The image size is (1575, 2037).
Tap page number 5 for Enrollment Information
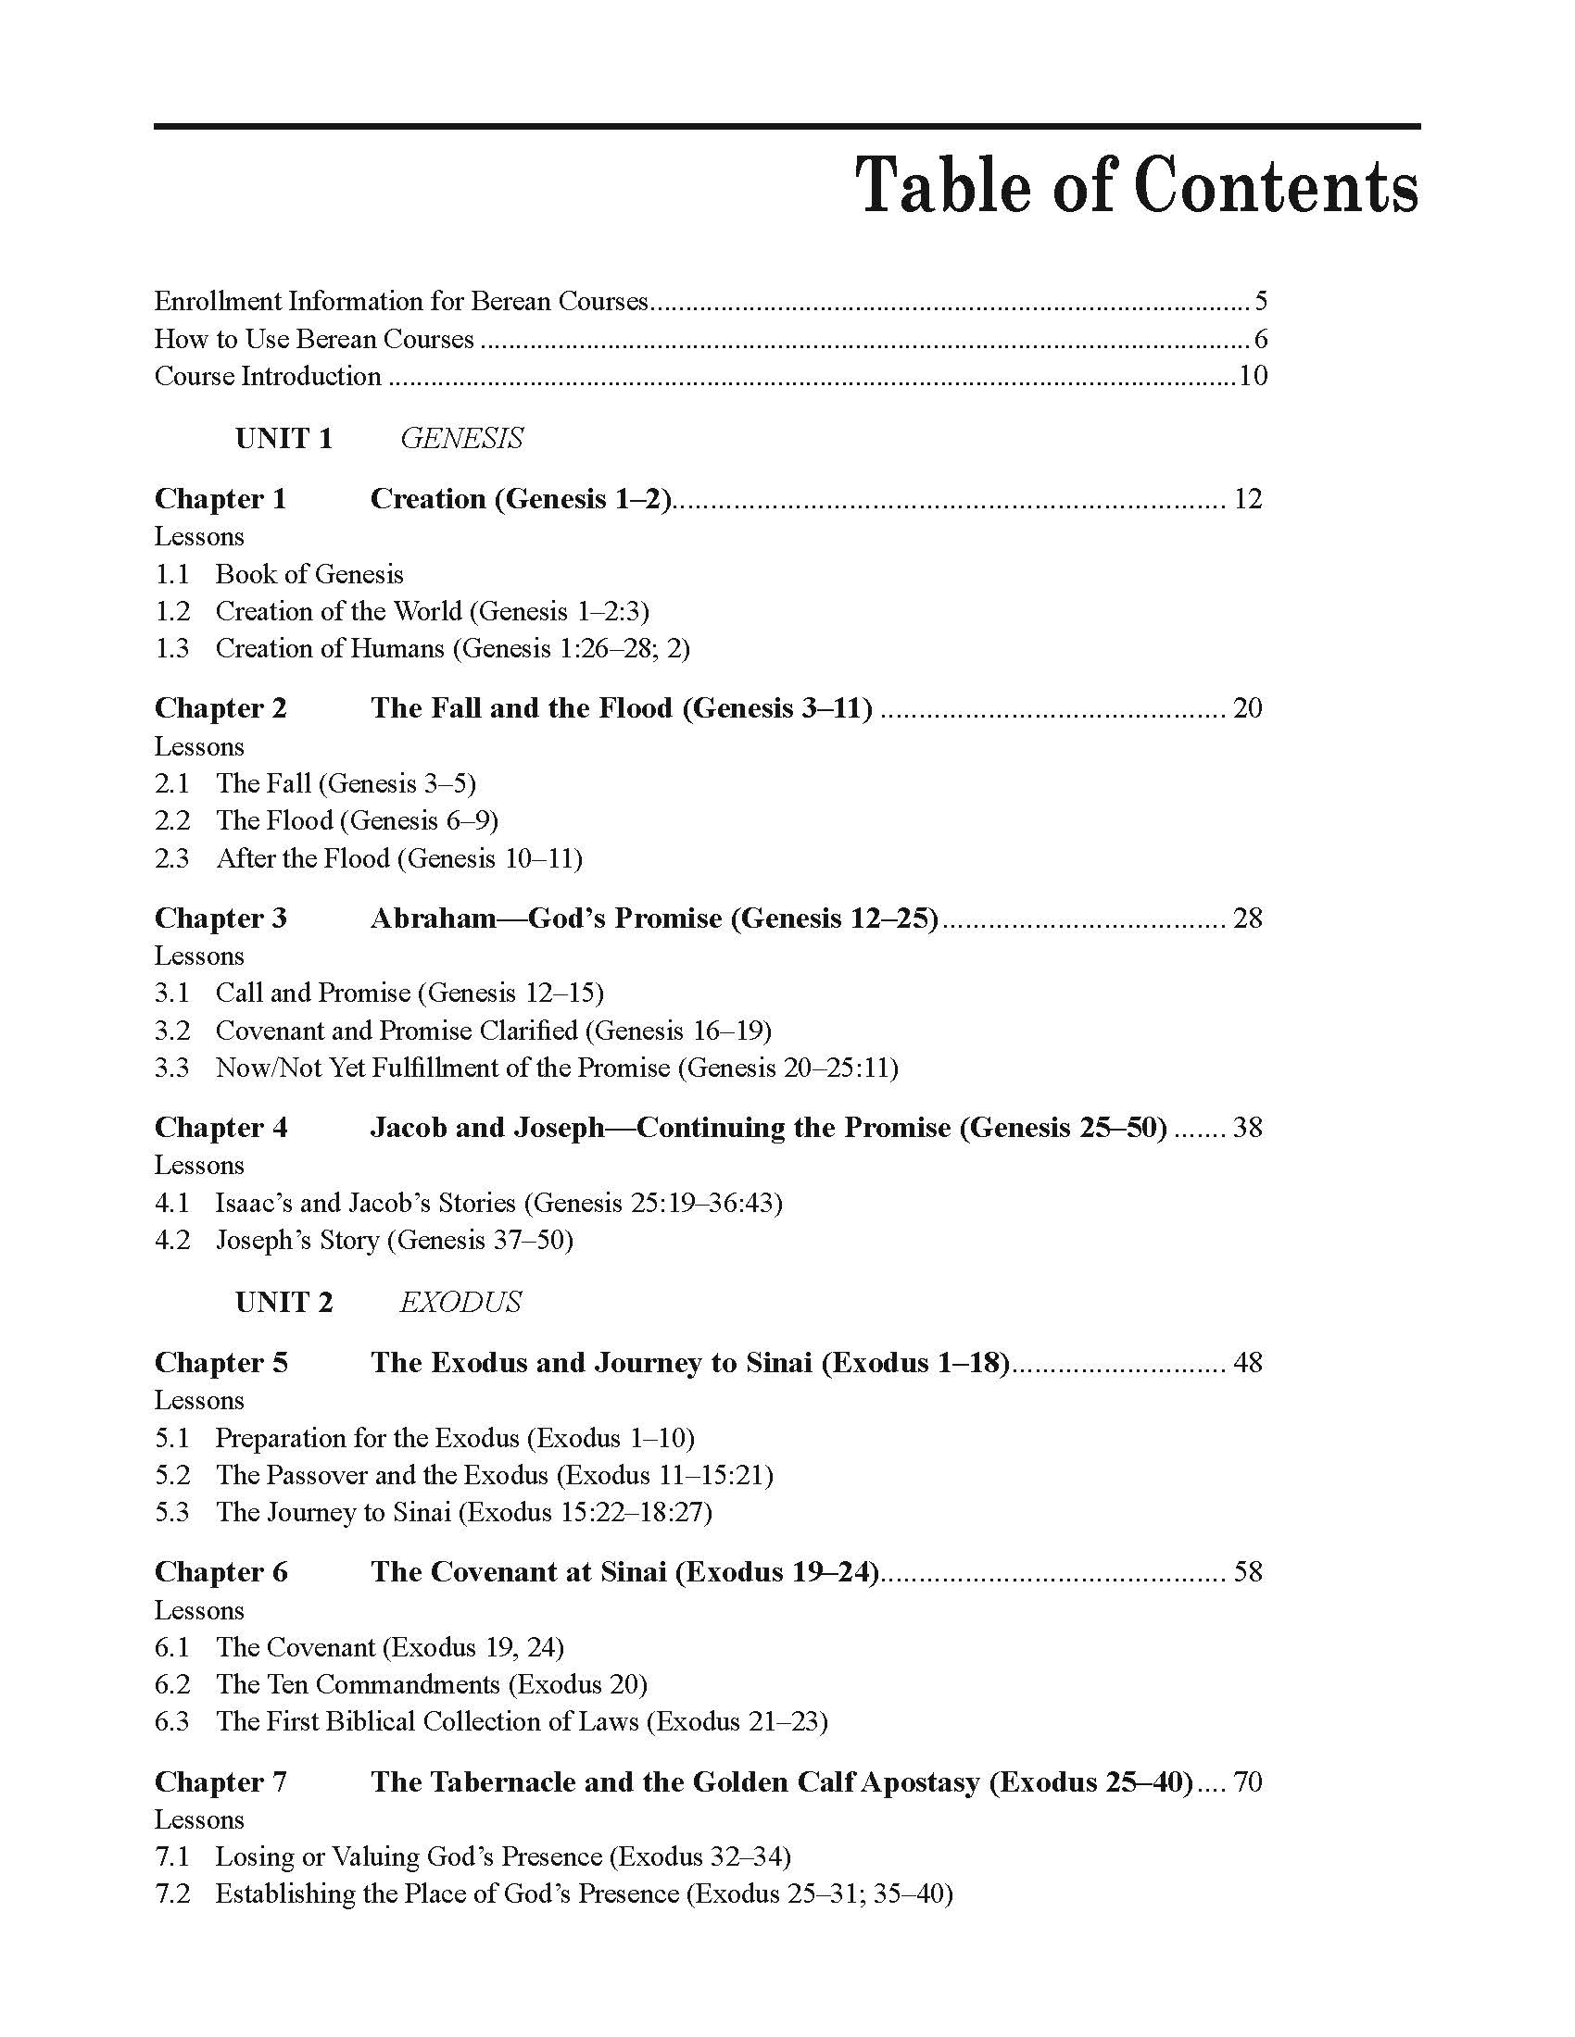(x=1261, y=301)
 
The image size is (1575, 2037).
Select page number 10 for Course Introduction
(x=1253, y=376)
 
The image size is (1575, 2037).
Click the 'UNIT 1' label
(x=283, y=438)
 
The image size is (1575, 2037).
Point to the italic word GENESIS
(x=461, y=438)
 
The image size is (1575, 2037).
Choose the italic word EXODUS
(x=460, y=1302)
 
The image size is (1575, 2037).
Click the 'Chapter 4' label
(x=221, y=1128)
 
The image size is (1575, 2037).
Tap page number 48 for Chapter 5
(x=1248, y=1363)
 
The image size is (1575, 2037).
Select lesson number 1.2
(x=171, y=611)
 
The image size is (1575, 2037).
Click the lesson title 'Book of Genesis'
(x=309, y=574)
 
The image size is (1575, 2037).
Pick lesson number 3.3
(x=171, y=1067)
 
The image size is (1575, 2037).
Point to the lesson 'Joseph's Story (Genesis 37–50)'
(x=394, y=1240)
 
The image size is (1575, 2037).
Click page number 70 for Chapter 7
(x=1248, y=1781)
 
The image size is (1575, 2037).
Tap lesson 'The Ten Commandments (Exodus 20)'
(x=431, y=1683)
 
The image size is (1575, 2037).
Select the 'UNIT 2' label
(x=283, y=1302)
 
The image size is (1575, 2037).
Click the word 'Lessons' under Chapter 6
(x=199, y=1610)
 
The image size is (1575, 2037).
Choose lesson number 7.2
(x=171, y=1893)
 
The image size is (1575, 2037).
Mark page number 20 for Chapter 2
(x=1248, y=708)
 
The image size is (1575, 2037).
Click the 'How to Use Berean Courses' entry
(x=313, y=339)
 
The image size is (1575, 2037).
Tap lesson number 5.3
(x=171, y=1511)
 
